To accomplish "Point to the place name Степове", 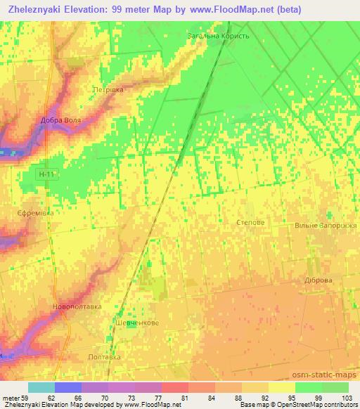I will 251,221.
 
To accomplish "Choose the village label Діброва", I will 317,280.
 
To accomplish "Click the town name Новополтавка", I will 78,306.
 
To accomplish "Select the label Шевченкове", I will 136,323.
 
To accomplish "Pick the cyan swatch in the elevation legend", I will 41,387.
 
